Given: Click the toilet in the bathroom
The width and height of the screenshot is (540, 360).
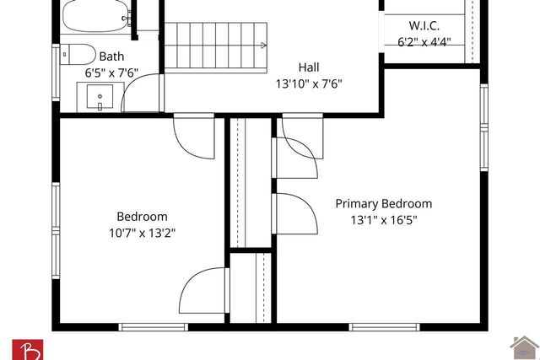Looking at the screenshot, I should click(x=78, y=54).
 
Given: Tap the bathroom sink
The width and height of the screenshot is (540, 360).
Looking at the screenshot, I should click(x=100, y=98).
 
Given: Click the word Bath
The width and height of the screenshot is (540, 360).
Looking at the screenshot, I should click(x=111, y=57).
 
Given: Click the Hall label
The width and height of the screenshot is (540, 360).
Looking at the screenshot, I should click(x=310, y=67).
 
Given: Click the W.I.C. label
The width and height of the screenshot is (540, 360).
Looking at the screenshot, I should click(x=424, y=25).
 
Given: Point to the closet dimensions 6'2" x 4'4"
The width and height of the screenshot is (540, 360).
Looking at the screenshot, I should click(x=424, y=40).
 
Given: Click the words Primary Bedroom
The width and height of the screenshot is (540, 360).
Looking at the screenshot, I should click(x=384, y=204).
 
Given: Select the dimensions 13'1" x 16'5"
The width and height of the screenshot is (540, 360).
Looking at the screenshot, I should click(x=385, y=220).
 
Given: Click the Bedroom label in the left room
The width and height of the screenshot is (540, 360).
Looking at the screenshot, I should click(x=142, y=217).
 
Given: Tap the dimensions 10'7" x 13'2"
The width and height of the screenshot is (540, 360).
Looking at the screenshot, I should click(x=142, y=233).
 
